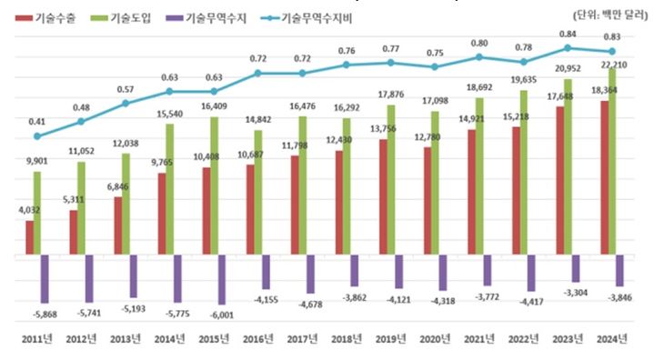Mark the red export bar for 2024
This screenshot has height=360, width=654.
coord(605,178)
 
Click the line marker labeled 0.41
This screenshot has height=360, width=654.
coord(37,136)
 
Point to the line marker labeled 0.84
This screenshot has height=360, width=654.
coord(568,47)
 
